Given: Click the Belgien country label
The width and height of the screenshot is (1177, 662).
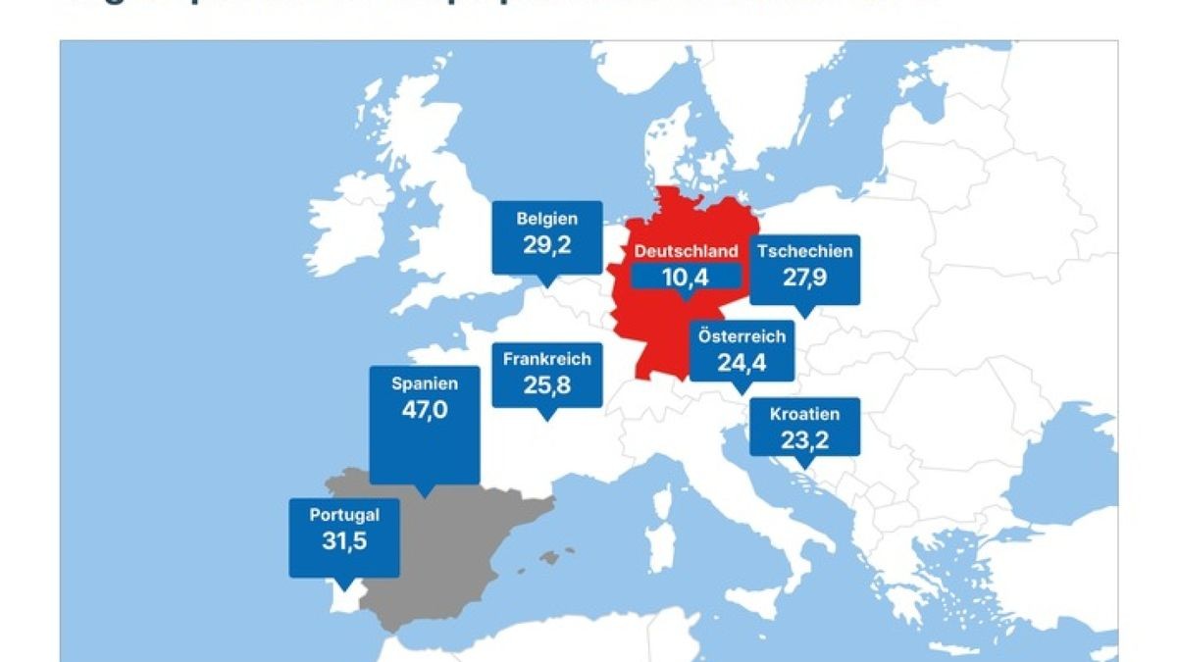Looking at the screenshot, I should pos(546,219).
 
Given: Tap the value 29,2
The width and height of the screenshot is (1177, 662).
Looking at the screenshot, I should pos(546,244).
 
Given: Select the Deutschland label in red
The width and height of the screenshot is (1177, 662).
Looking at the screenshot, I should pos(686,252).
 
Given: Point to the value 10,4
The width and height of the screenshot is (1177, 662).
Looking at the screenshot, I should pos(685,278).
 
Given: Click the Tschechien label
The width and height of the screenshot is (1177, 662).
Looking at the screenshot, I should pos(804,251).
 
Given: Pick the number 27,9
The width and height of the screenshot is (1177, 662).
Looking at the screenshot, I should pos(804,278).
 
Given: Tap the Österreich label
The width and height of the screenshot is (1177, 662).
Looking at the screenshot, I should pos(742,336).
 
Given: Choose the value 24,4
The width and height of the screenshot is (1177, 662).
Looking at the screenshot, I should pos(742,363).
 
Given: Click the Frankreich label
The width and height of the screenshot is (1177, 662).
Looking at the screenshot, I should pos(547,359).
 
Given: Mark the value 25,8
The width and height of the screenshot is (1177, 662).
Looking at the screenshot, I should pos(547,385).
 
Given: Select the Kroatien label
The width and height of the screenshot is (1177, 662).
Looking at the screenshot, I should pos(804,414).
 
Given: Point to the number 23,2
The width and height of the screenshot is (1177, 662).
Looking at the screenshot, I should pos(804,439).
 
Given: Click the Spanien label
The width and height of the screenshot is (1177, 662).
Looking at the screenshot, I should pos(424,383).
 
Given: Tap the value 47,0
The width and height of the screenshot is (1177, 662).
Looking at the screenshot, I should pos(424,410).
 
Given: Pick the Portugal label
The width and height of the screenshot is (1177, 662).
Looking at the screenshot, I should pos(344,515).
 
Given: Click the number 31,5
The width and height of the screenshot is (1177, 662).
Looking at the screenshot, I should pos(344,540).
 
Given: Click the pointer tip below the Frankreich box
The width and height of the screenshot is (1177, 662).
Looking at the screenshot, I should pos(547,416).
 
